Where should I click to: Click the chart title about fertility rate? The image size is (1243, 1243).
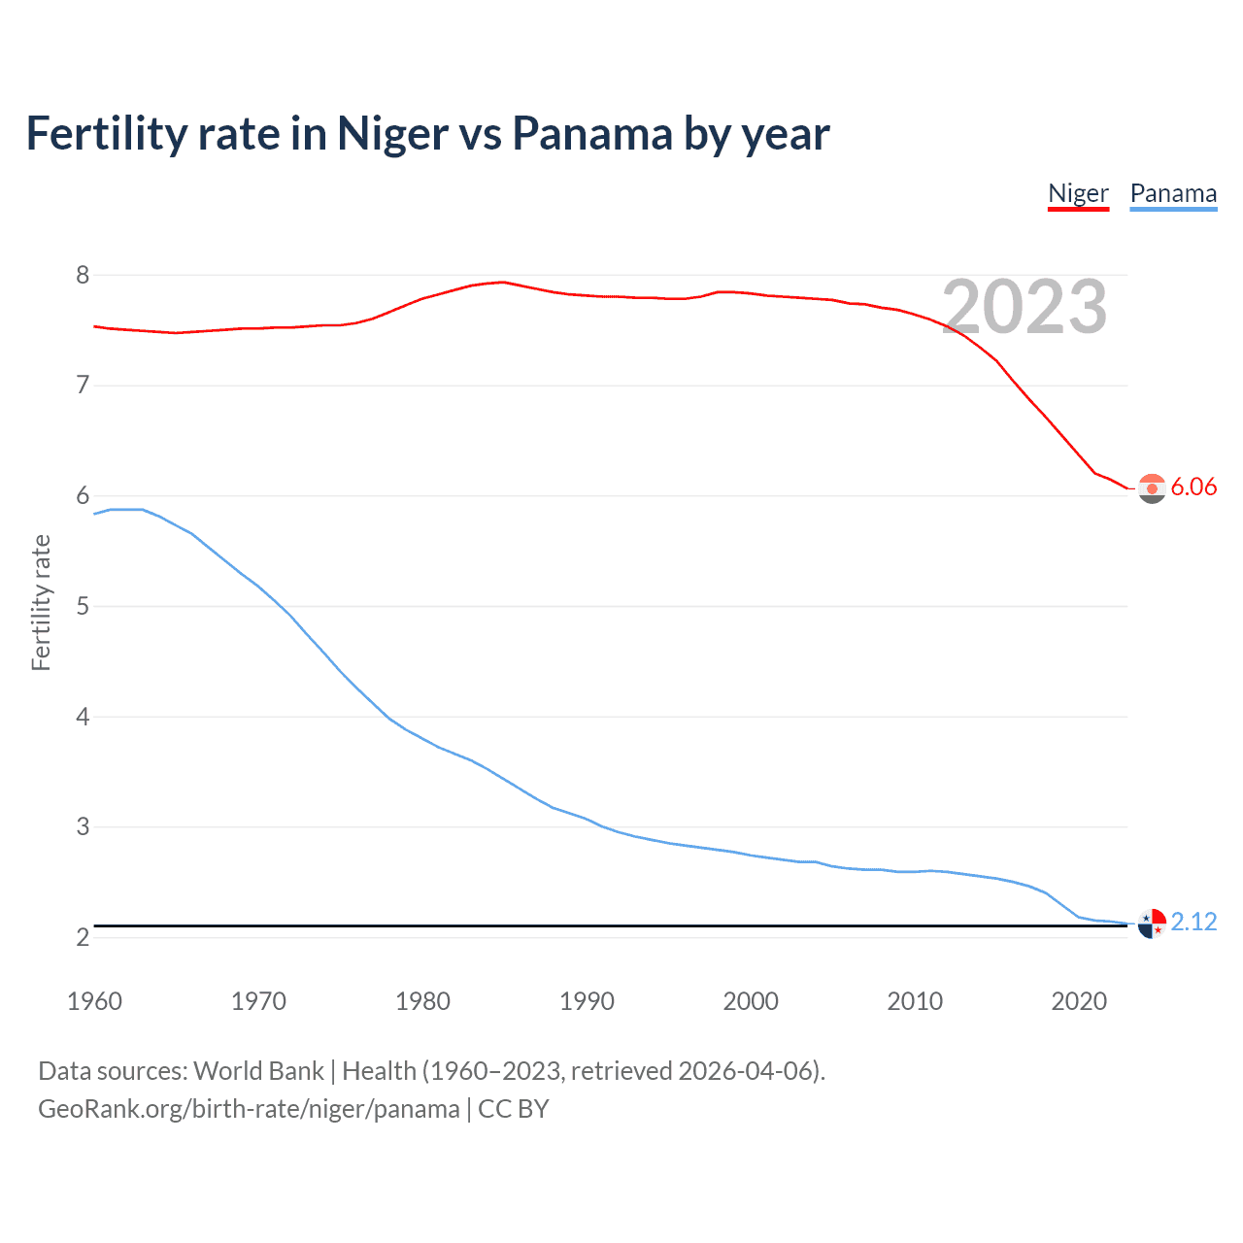(427, 134)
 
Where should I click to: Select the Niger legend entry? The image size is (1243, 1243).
(1078, 193)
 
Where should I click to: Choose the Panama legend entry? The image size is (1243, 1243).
(1173, 193)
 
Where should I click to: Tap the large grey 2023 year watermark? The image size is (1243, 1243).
(1025, 307)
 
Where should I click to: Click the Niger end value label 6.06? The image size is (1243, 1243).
(1193, 487)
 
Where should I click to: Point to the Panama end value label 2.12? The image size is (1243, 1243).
(1193, 922)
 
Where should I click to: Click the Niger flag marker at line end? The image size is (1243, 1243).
(1152, 488)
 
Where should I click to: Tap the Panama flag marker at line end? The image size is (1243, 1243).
(1152, 924)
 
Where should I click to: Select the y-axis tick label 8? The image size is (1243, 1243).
(83, 276)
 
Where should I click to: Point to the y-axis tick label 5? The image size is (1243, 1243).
(83, 607)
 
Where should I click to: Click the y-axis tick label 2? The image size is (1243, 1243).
(83, 938)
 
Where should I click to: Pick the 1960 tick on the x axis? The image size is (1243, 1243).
(94, 1001)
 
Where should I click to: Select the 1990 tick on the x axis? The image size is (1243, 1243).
(587, 1001)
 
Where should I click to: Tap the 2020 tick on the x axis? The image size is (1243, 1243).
(1079, 1001)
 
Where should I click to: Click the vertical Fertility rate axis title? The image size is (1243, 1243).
(41, 602)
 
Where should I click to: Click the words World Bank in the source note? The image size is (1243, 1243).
(258, 1071)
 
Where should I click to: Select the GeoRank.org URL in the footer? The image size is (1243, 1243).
(249, 1109)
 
